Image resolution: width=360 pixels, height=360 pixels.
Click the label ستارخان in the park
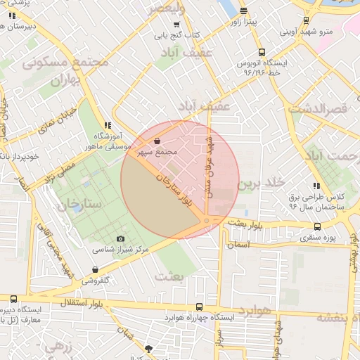tap(80, 203)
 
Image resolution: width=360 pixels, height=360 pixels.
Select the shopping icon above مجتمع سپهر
tap(156, 141)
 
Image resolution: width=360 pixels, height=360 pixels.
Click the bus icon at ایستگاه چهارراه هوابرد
tap(200, 307)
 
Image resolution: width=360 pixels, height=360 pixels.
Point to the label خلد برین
tap(261, 184)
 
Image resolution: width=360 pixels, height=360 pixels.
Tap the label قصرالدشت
tap(318, 110)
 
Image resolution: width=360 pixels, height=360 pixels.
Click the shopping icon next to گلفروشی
tap(95, 270)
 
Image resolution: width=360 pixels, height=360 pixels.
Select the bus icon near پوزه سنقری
tap(318, 227)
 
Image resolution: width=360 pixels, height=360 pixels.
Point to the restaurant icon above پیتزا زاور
tap(243, 11)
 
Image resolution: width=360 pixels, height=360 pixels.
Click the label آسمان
tap(238, 245)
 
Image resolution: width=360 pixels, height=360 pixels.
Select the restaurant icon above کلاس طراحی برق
tap(316, 186)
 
